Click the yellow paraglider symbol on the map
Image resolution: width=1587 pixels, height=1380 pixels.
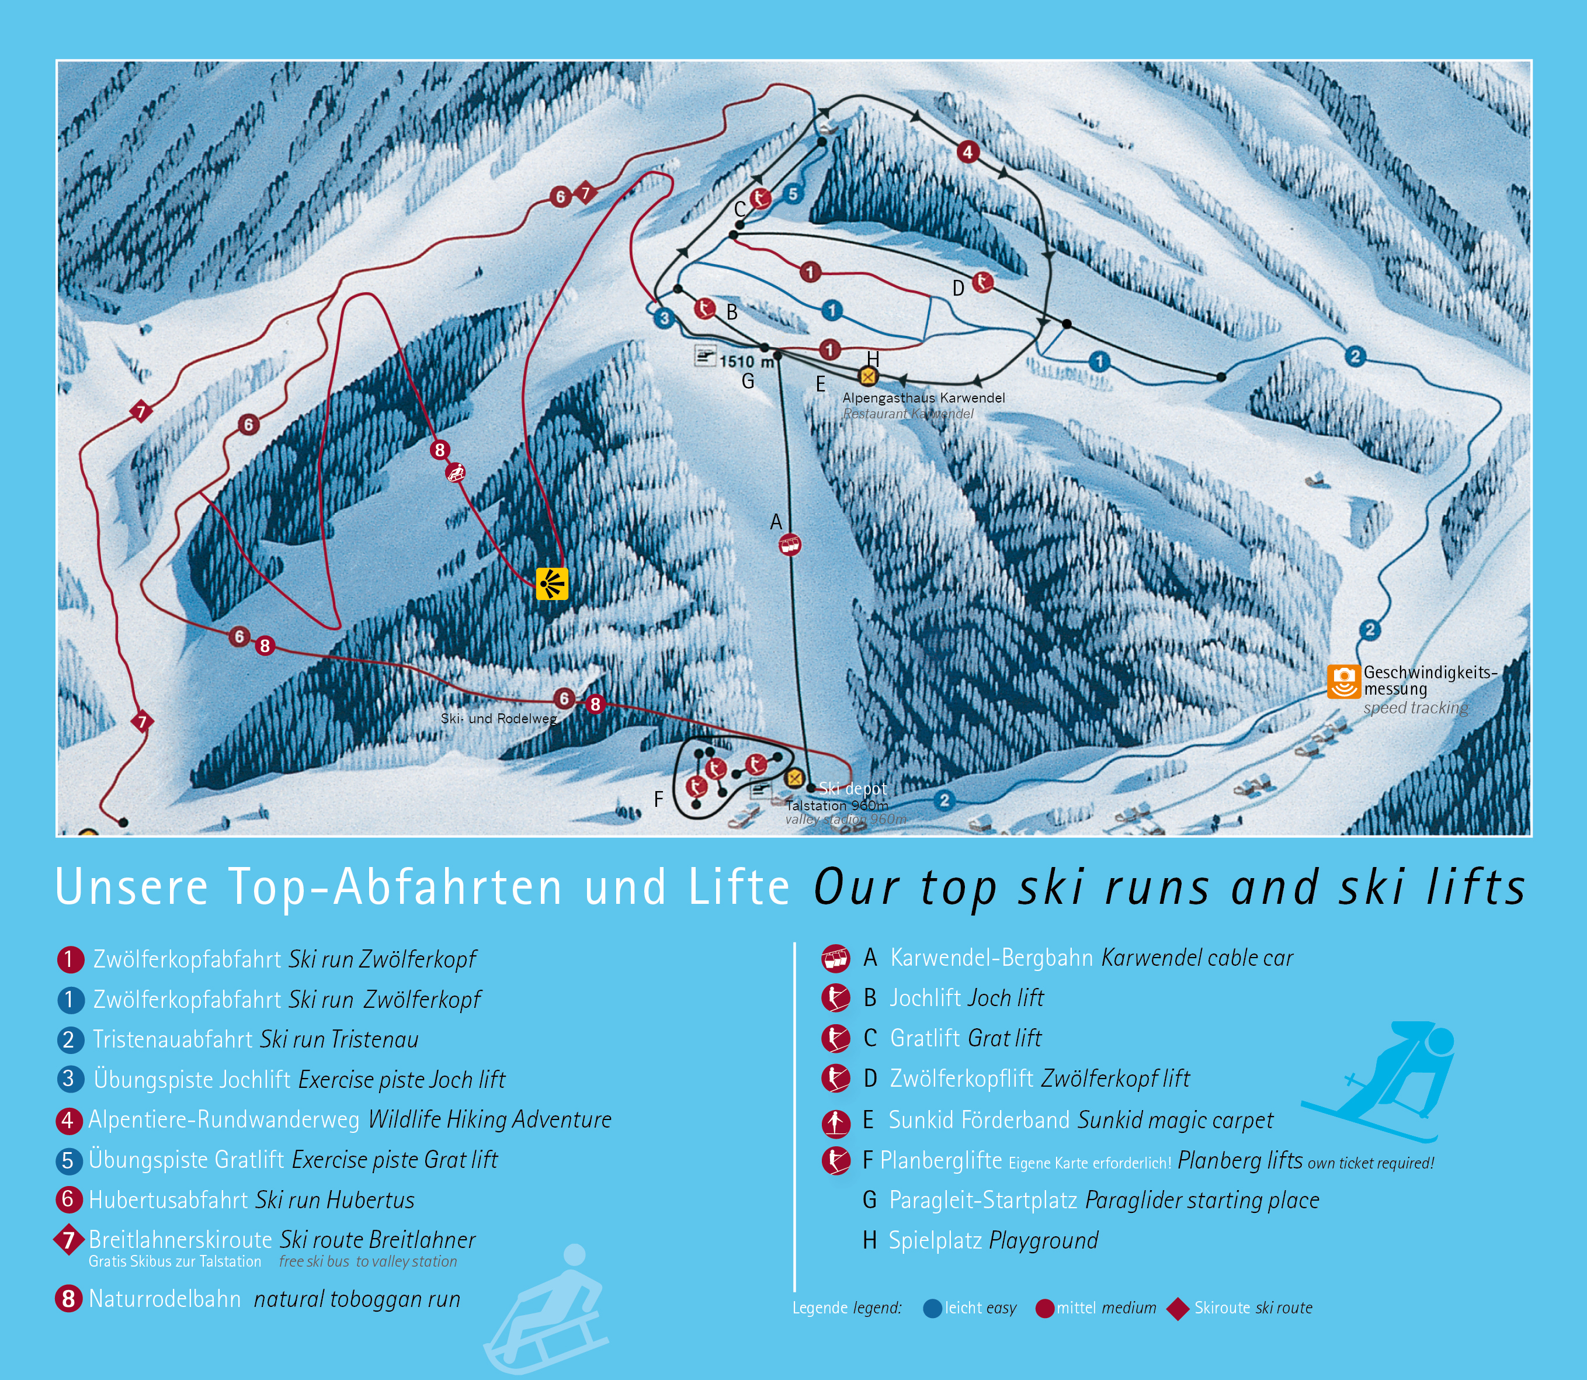coord(551,583)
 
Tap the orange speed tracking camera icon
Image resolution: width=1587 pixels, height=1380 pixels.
coord(1343,682)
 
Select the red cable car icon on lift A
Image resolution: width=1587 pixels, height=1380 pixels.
coord(789,545)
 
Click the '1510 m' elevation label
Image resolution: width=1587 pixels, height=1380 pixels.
coord(746,360)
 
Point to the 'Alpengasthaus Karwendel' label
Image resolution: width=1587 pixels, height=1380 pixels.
coord(923,397)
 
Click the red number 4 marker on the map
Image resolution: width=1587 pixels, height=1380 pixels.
coord(968,152)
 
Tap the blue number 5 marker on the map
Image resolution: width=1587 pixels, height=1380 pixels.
coord(793,194)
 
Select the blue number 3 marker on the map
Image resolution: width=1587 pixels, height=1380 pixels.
coord(664,317)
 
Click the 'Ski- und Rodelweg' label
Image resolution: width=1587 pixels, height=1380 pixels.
coord(498,719)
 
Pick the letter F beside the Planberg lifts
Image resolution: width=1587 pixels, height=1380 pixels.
coord(658,799)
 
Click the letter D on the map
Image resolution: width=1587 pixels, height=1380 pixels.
coord(958,288)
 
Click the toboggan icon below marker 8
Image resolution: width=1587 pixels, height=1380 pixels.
coord(456,473)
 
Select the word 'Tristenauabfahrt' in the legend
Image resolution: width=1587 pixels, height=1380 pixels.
coord(174,1039)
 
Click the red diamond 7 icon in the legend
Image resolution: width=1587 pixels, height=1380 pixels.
coord(68,1240)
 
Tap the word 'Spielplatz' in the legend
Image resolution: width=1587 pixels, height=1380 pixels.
coord(935,1240)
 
